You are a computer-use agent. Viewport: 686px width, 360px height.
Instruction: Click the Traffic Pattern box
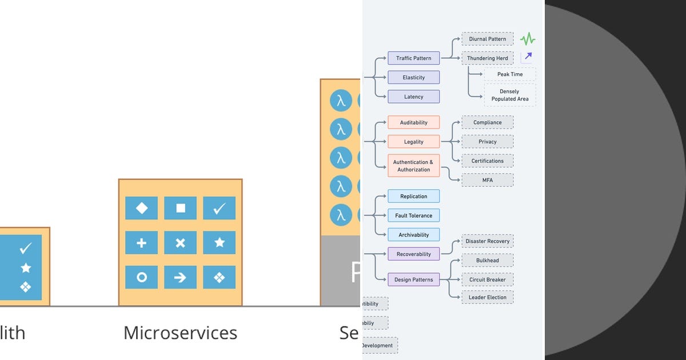[x=413, y=58]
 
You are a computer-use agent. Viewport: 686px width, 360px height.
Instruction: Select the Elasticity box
[x=413, y=77]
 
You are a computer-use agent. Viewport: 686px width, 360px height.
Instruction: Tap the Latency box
[x=413, y=97]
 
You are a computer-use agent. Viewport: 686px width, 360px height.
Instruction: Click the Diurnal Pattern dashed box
[x=487, y=39]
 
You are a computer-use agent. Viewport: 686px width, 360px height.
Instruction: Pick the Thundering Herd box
[x=487, y=58]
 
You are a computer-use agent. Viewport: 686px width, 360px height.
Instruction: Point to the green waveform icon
[x=528, y=39]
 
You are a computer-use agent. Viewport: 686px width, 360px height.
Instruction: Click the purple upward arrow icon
[x=528, y=56]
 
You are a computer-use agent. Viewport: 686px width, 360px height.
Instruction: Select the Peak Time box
[x=509, y=74]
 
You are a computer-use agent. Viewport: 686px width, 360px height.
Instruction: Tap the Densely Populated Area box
[x=509, y=95]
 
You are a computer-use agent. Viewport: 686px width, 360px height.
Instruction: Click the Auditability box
[x=413, y=122]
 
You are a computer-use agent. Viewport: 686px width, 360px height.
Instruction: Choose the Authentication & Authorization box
[x=413, y=166]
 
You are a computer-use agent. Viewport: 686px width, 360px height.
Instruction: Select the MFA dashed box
[x=487, y=180]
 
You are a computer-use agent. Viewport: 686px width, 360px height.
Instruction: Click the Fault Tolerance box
[x=413, y=215]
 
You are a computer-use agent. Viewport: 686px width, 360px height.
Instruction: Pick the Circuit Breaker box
[x=487, y=280]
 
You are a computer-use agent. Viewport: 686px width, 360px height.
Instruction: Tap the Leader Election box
[x=487, y=297]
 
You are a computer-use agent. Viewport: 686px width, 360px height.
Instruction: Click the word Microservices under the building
[x=180, y=333]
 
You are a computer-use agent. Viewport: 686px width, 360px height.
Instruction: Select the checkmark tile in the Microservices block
[x=220, y=209]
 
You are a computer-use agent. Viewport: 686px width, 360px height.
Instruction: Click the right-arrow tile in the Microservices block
[x=180, y=278]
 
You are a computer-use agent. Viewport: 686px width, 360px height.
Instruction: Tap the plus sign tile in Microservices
[x=142, y=243]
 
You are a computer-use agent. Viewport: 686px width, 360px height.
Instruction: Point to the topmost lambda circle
[x=341, y=101]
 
